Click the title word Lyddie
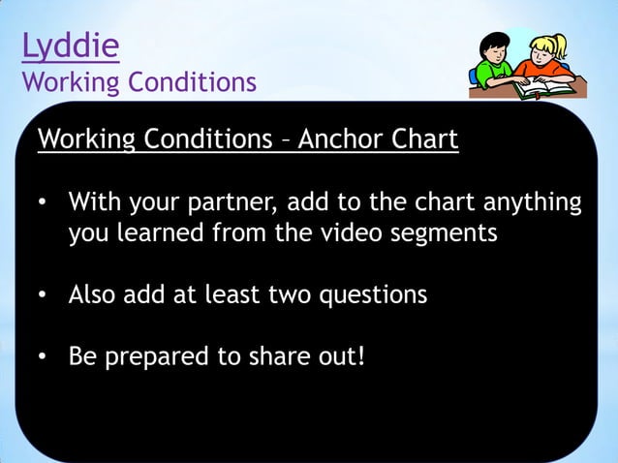[71, 46]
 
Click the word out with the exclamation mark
[341, 355]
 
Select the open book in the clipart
[543, 89]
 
